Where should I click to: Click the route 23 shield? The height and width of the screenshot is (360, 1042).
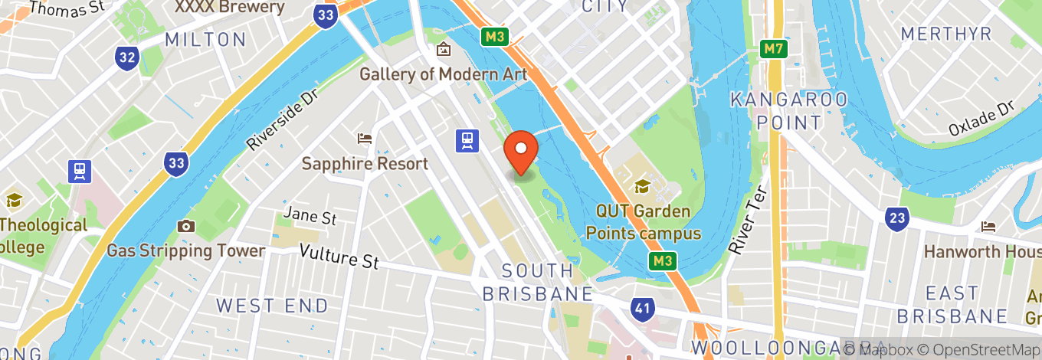[x=896, y=219]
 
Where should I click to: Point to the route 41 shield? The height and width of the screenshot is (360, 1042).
[x=643, y=309]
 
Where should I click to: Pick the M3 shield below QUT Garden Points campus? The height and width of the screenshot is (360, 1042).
[x=663, y=261]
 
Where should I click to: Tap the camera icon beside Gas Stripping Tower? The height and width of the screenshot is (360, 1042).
[x=185, y=226]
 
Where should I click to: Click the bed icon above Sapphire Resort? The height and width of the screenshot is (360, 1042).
[x=365, y=139]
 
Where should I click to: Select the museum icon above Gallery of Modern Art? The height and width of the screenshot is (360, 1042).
[x=443, y=50]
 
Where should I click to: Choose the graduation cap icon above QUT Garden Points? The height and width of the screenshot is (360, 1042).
[x=642, y=186]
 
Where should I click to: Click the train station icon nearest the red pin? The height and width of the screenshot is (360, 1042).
[x=467, y=140]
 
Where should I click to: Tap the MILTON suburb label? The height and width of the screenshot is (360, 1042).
[x=205, y=39]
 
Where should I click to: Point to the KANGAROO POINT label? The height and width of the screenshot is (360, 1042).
[x=789, y=110]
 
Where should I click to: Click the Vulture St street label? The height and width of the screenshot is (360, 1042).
[x=339, y=256]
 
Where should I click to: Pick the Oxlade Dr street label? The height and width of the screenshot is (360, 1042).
[x=981, y=118]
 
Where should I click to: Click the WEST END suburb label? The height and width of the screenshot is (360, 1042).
[x=272, y=306]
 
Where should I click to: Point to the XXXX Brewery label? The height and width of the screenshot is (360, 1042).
[x=229, y=8]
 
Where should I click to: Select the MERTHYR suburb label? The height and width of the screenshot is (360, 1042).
[x=946, y=34]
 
